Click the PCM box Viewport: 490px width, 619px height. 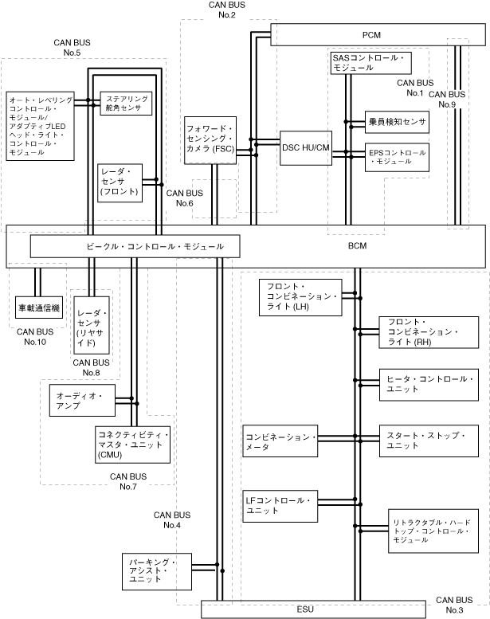(371, 35)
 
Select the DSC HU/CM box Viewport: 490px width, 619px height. (306, 147)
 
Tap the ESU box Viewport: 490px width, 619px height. (304, 609)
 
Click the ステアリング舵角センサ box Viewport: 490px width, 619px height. (124, 104)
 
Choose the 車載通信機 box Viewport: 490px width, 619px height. (37, 307)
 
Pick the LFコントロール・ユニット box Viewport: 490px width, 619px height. (280, 505)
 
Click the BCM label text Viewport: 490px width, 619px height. (358, 246)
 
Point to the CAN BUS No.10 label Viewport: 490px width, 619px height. (35, 336)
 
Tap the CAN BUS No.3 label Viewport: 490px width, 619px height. (455, 604)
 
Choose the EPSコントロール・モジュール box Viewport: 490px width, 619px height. (397, 156)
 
